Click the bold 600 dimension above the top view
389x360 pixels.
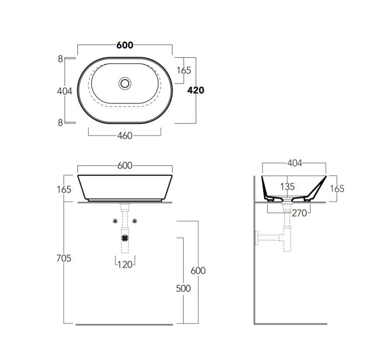(125, 45)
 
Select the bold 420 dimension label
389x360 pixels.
(196, 90)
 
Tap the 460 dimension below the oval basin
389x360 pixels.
(125, 136)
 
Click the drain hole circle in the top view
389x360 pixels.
(125, 83)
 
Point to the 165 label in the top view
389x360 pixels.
(184, 70)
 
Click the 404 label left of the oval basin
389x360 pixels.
(65, 91)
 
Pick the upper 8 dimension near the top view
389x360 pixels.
(60, 59)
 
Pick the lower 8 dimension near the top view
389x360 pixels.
(60, 122)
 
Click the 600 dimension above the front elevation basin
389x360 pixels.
(125, 166)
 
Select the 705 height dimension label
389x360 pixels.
(63, 258)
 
